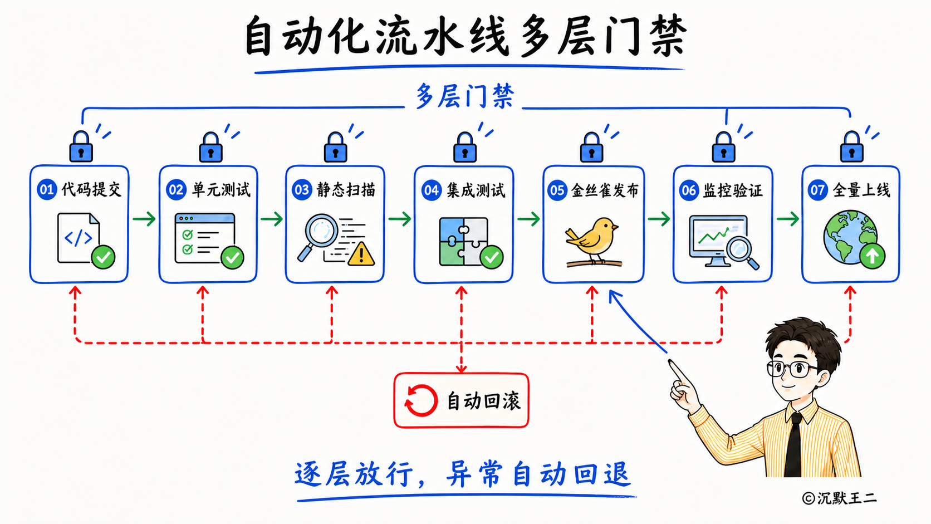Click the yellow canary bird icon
[592, 242]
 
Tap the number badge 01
[47, 190]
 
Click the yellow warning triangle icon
[361, 253]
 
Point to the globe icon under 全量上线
[850, 237]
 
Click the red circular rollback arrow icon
[420, 400]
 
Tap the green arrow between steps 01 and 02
[144, 219]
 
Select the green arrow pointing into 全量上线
[787, 219]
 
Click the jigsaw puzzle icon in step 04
[463, 242]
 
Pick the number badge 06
[689, 190]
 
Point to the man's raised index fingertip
[670, 363]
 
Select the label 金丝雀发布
[604, 190]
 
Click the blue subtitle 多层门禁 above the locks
[465, 96]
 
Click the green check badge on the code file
[103, 257]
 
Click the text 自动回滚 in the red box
[483, 401]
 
